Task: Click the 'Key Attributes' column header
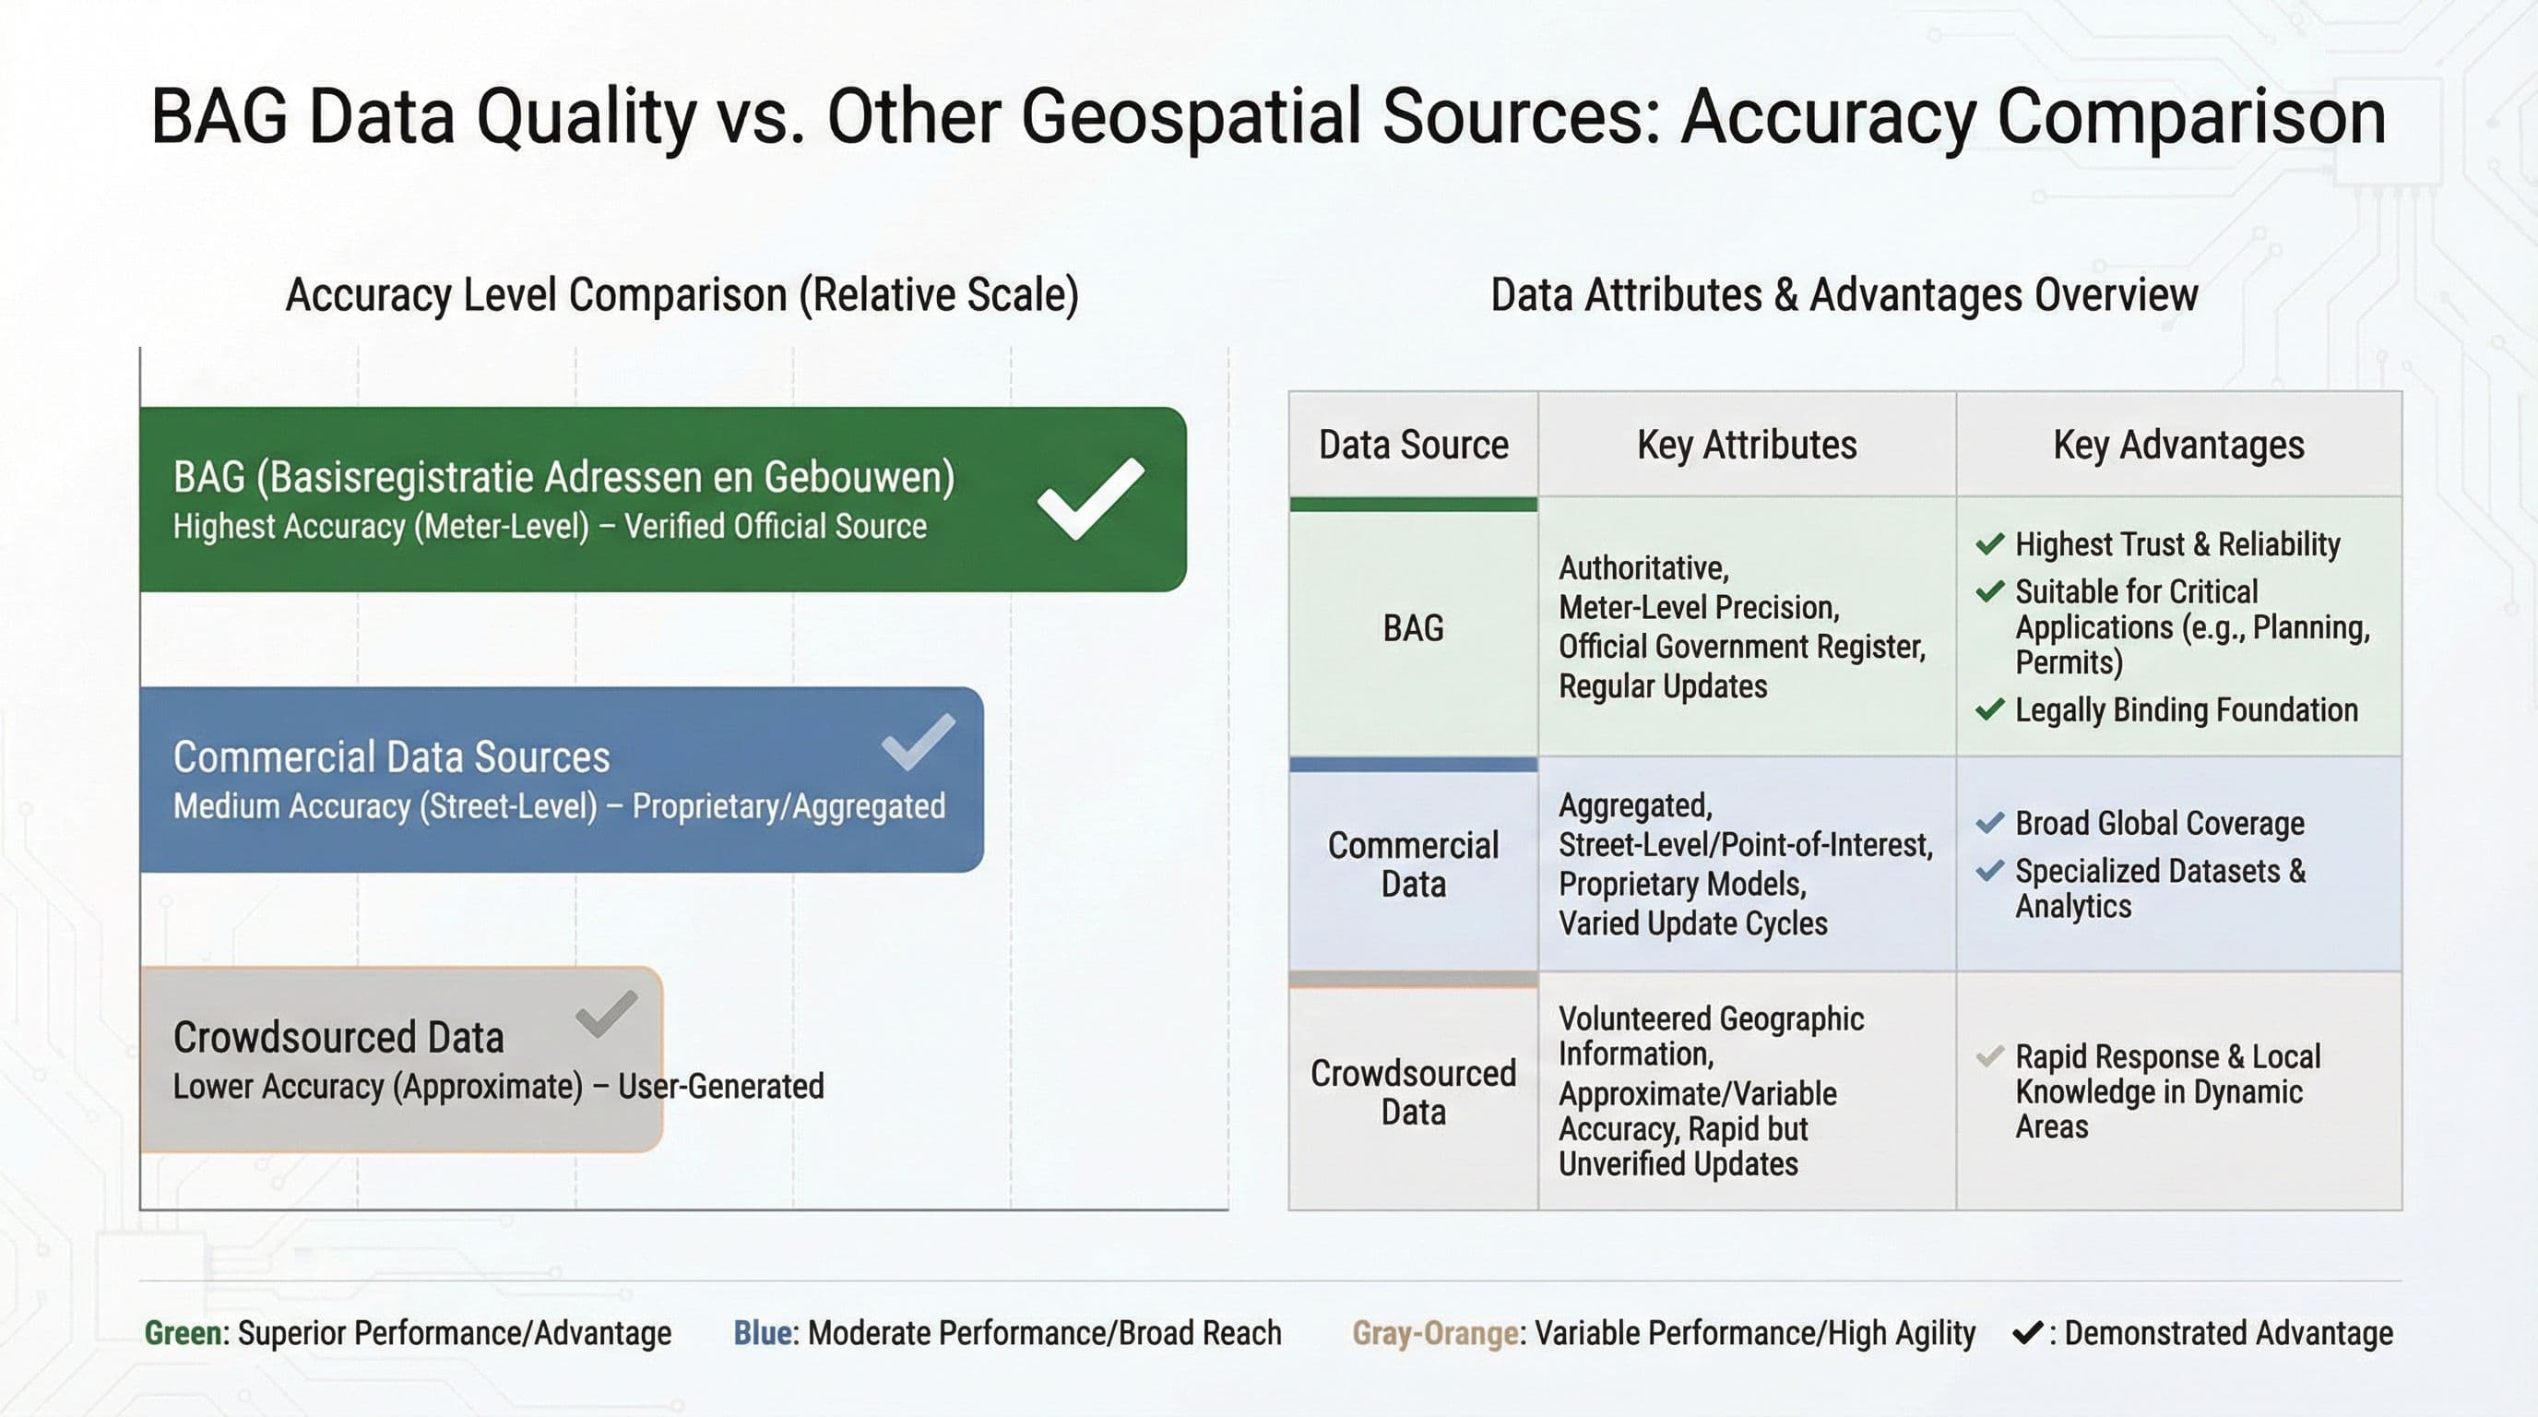(1747, 446)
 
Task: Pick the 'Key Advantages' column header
(2178, 446)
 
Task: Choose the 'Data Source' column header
(1414, 446)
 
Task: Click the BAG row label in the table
(1413, 627)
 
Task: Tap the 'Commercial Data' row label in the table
(1413, 864)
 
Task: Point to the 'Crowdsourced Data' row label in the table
(1413, 1092)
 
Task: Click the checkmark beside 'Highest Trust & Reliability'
(1990, 544)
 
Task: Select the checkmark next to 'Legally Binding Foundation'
(1990, 709)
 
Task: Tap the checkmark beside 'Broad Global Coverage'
(1990, 823)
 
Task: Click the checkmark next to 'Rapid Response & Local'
(1990, 1056)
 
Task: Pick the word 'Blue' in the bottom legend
(763, 1333)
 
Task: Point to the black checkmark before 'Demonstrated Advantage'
(2028, 1333)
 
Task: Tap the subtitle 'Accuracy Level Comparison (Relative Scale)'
(682, 294)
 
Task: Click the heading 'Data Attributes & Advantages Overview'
(1844, 294)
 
